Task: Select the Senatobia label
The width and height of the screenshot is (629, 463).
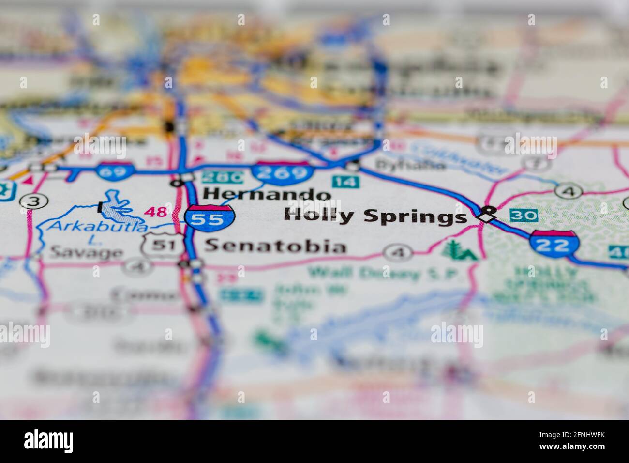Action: tap(275, 246)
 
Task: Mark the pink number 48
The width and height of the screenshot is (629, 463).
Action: tap(156, 212)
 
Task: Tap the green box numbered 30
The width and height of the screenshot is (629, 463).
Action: tap(524, 215)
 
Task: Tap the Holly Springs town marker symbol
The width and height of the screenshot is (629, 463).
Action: tap(488, 214)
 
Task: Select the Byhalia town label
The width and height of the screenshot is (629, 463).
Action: tap(410, 165)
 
